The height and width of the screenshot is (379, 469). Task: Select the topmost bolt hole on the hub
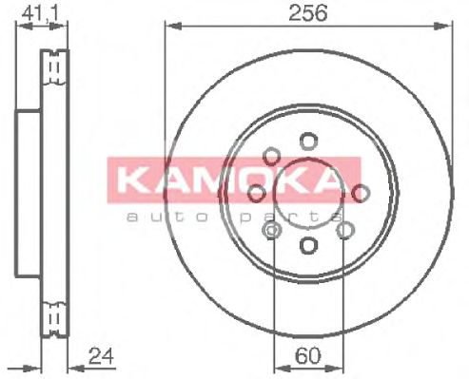(307, 141)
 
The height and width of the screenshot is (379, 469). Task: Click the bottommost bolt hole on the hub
(307, 245)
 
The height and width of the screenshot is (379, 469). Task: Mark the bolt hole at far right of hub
(361, 193)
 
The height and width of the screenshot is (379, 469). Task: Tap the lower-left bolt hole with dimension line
(273, 230)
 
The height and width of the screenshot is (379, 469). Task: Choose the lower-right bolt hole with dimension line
(345, 230)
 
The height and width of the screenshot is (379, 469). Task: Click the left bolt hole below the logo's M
(256, 193)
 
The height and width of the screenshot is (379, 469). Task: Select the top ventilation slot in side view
(54, 67)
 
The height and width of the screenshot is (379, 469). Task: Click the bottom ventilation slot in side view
(54, 313)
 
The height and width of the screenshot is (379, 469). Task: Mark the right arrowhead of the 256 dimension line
(446, 25)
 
